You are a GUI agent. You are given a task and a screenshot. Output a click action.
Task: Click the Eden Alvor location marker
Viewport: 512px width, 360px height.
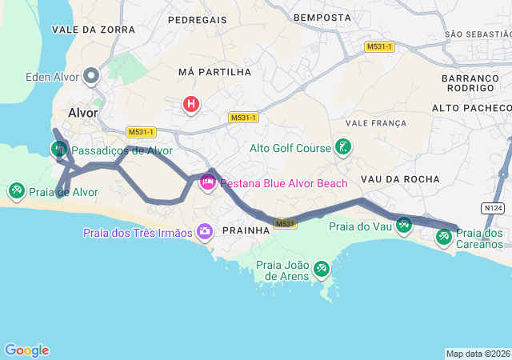(91, 77)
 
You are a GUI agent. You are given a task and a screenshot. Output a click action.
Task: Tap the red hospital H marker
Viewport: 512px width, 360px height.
(191, 104)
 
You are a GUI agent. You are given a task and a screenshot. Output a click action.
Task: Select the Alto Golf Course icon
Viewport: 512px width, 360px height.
(342, 148)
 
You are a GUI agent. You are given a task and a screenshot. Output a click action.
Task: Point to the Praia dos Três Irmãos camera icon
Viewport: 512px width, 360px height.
(205, 232)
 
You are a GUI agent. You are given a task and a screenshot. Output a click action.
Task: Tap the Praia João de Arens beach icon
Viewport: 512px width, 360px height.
(322, 269)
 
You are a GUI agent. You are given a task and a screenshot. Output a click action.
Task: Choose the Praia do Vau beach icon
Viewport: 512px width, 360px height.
(403, 226)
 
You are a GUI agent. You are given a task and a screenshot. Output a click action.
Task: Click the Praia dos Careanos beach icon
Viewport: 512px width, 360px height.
(444, 236)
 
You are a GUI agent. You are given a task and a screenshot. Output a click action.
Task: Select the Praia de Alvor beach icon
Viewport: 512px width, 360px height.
(16, 191)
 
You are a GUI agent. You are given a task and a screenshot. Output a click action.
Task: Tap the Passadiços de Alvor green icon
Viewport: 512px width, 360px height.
(59, 149)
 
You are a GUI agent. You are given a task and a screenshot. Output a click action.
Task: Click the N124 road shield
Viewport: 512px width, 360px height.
(494, 208)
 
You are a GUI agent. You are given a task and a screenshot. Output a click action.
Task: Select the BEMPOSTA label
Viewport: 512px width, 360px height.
(322, 17)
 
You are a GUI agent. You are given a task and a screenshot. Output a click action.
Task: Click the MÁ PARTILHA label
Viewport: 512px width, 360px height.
(214, 72)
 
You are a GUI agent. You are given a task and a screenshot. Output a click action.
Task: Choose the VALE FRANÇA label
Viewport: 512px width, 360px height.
(376, 123)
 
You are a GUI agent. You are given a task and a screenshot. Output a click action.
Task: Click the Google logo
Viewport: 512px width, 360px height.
(26, 350)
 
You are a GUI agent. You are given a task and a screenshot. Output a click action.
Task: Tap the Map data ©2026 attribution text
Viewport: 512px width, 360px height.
(478, 354)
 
